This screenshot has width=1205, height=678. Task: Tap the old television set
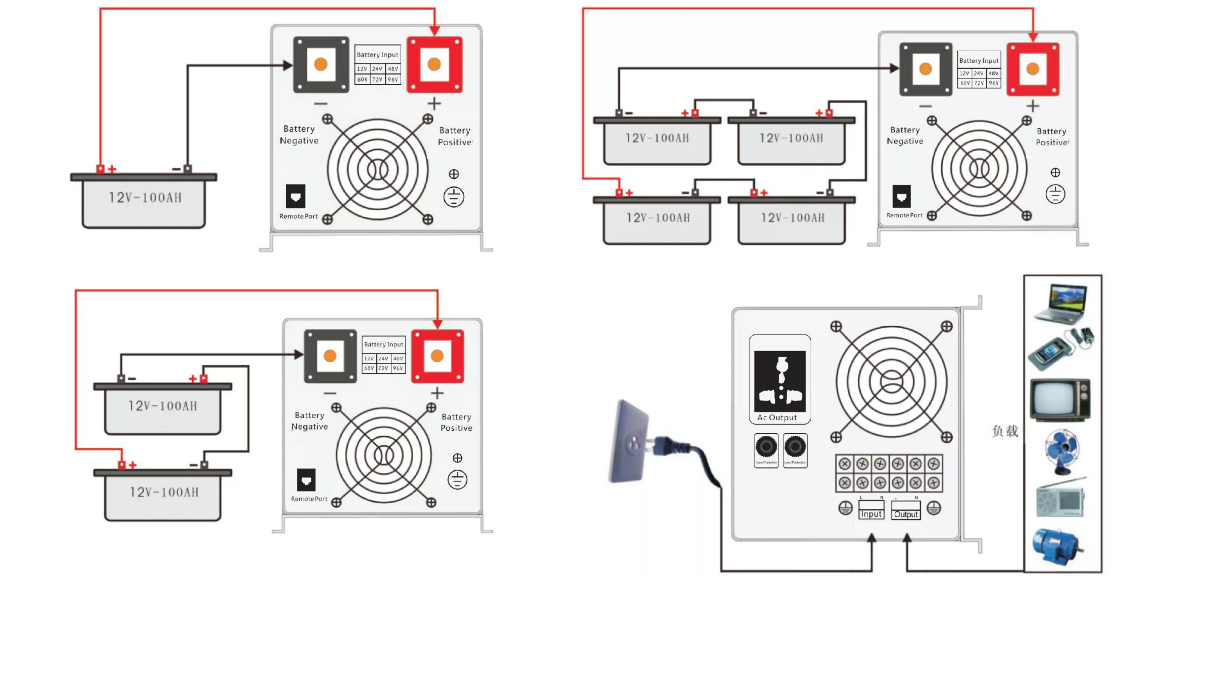(x=1060, y=400)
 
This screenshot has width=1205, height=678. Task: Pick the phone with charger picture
(x=1061, y=349)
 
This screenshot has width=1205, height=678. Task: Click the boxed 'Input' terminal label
(x=871, y=514)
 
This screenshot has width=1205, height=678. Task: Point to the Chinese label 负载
(x=1005, y=431)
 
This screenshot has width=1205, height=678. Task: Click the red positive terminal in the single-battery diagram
(x=434, y=64)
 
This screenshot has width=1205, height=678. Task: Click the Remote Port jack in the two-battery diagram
(x=306, y=480)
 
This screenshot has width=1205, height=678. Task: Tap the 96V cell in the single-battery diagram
(x=393, y=80)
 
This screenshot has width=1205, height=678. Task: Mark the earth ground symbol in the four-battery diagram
(x=1055, y=194)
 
